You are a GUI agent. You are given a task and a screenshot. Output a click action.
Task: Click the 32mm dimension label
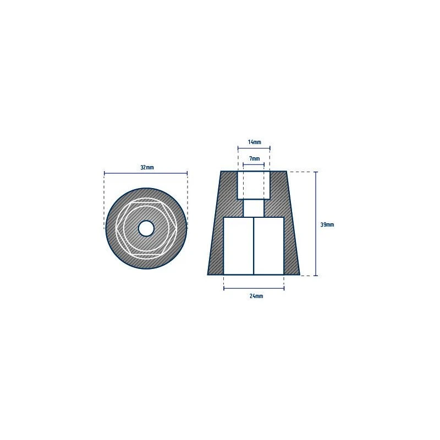point(147,168)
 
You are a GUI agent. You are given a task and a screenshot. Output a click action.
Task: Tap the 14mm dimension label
point(254,142)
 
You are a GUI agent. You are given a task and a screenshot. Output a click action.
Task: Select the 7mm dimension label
point(254,158)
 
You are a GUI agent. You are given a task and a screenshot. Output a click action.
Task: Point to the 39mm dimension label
point(327,224)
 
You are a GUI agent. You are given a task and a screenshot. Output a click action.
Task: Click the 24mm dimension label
point(256,296)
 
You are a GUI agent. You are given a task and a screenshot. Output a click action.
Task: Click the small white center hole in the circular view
point(146,228)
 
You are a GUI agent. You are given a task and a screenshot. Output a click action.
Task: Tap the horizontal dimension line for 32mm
point(146,173)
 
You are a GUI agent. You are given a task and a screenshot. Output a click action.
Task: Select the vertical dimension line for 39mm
point(316,224)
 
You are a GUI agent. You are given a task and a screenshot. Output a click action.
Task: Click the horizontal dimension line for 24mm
point(254,288)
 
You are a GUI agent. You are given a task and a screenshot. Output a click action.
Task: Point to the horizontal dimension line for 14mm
point(254,148)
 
